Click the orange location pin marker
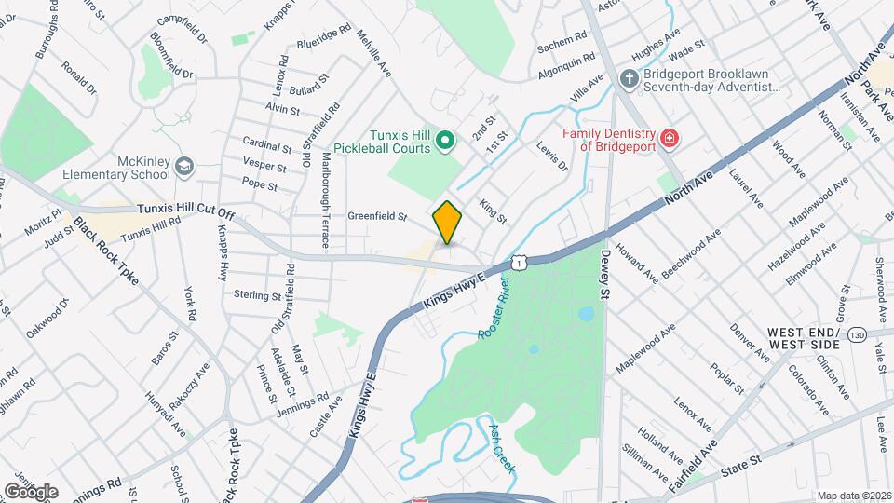(x=448, y=223)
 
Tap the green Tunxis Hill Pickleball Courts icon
(x=445, y=142)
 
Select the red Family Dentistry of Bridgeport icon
(x=669, y=140)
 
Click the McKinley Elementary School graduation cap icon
(x=184, y=166)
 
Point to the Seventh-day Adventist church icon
(x=630, y=79)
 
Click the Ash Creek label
(x=502, y=448)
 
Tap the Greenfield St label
(x=377, y=217)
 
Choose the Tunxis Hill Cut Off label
(x=185, y=211)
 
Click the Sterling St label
(x=257, y=296)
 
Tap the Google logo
(x=31, y=491)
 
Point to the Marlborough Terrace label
(x=325, y=200)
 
